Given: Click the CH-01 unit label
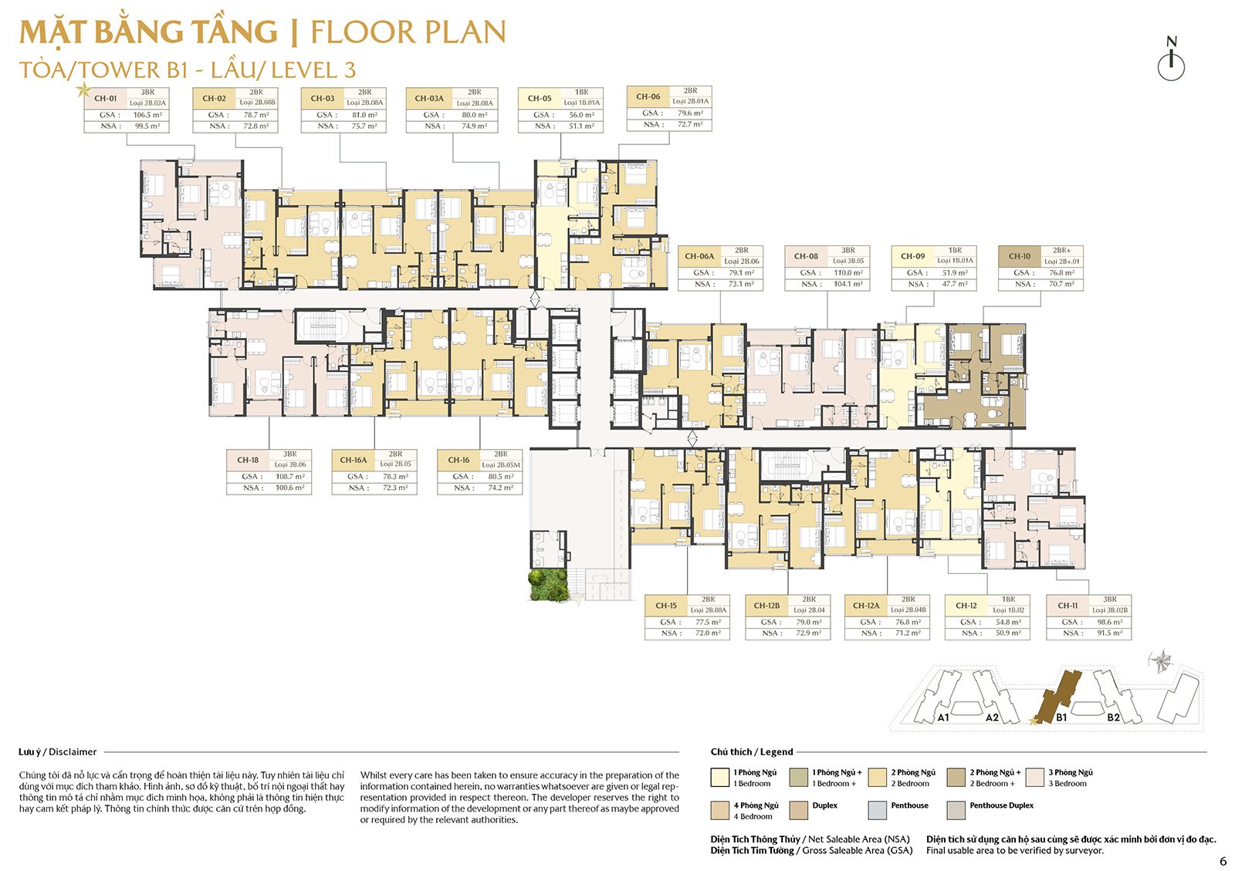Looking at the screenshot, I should point(106,99).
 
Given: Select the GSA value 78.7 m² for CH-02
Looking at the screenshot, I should point(255,115).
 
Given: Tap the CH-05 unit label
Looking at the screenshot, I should point(540,99).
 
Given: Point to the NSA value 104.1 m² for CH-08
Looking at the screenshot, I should point(848,284).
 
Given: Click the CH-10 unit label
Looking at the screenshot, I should point(1019,256).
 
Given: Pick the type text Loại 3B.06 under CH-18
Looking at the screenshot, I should point(290,464).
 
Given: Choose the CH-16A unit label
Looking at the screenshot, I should point(354,460).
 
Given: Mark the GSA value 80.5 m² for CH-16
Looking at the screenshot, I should point(500,477).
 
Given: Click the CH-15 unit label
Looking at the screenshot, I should point(666,606).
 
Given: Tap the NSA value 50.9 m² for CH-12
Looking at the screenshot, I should point(1008,633).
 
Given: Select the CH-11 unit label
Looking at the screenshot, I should point(1068,606).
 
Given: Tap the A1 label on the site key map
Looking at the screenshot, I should point(942,717).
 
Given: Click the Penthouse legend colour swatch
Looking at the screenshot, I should point(877,810).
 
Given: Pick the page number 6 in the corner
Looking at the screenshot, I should point(1223,861).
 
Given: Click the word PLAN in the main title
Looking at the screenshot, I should point(463,32).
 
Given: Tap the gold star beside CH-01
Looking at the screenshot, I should point(83,90).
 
